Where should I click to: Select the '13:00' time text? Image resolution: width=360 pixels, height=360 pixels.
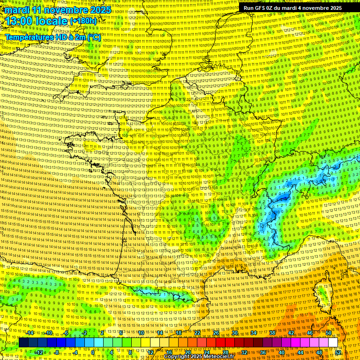19,21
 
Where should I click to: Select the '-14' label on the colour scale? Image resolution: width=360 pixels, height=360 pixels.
30,333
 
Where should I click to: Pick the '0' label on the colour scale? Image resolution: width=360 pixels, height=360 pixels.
93,352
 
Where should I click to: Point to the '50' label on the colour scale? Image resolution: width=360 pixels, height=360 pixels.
328,333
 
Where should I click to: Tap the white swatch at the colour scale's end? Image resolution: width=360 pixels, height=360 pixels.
333,343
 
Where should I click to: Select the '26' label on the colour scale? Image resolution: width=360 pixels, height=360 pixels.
216,333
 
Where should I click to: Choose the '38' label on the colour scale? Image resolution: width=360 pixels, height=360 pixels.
272,333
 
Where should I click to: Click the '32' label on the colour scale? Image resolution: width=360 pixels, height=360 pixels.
244,352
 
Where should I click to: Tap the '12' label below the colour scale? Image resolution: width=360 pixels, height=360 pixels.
150,352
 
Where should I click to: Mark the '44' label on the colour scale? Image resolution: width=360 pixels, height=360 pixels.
300,352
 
